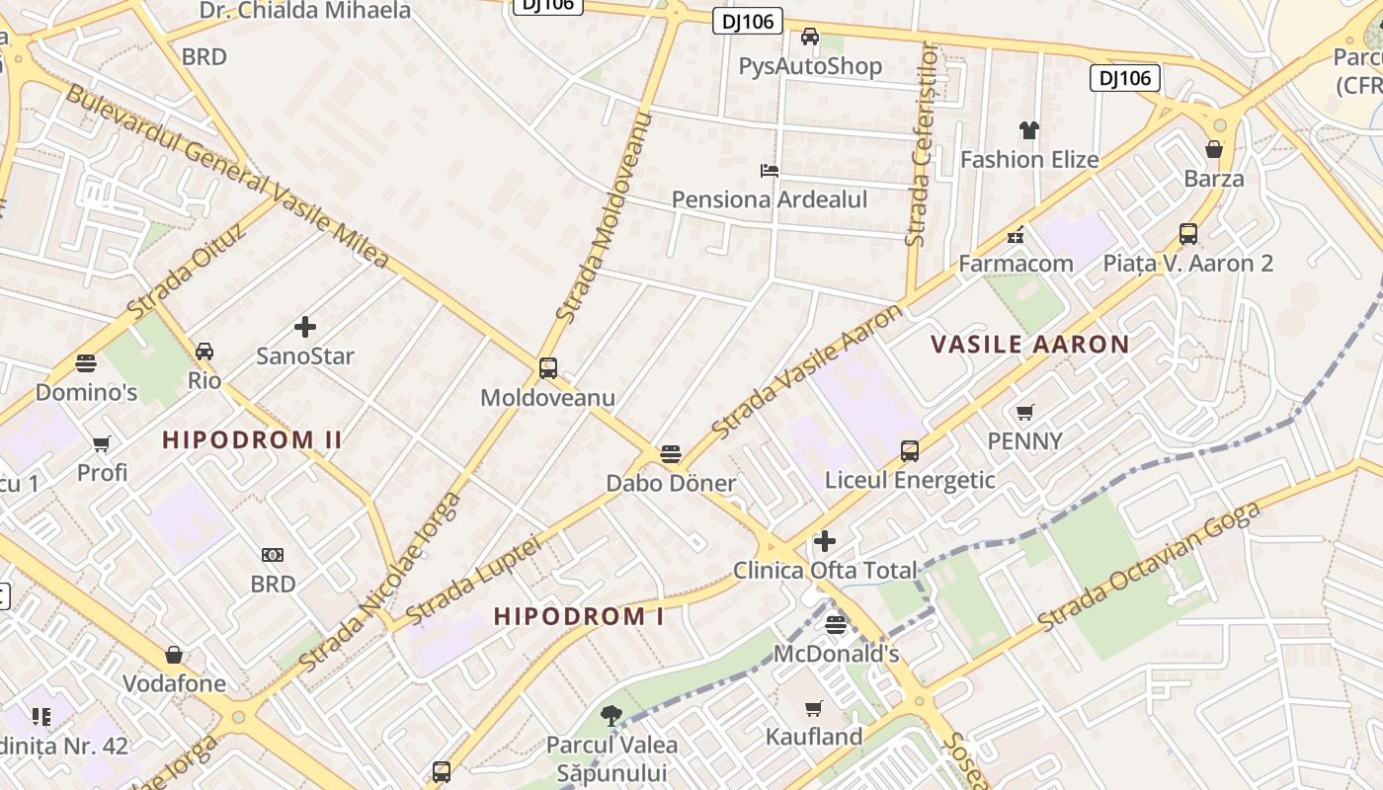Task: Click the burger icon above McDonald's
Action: click(836, 624)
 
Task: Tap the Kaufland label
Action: click(814, 737)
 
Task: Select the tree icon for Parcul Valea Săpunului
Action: click(611, 715)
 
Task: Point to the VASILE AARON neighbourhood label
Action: click(1030, 345)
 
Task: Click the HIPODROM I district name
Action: click(579, 616)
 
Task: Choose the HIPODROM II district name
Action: click(252, 439)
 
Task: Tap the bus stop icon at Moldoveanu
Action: click(548, 368)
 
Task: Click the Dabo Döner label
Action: click(671, 483)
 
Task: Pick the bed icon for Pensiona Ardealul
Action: click(770, 170)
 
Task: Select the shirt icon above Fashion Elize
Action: click(1029, 129)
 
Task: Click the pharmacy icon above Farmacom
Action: click(1015, 235)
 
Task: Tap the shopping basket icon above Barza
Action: click(1214, 149)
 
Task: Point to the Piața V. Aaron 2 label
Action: click(1188, 264)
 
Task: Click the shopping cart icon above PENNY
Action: click(1025, 412)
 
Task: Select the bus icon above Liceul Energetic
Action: click(910, 451)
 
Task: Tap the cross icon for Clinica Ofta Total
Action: click(825, 541)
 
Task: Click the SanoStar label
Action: click(305, 355)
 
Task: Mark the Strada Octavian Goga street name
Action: click(1150, 567)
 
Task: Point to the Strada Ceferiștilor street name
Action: click(923, 144)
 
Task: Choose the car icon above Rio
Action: click(204, 351)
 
